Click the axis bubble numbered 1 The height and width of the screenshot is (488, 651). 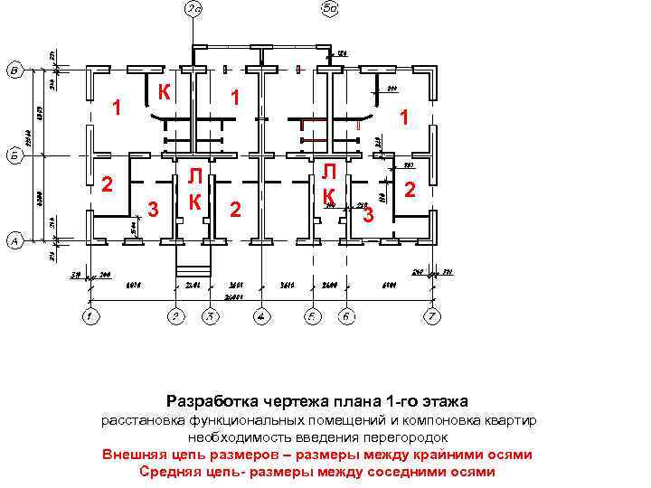point(89,316)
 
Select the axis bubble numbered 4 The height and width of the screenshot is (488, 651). point(260,316)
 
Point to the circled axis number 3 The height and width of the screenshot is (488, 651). point(209,316)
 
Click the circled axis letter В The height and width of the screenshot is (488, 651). point(14,70)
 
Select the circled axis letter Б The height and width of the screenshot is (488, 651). point(14,155)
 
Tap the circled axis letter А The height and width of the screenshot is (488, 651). point(14,241)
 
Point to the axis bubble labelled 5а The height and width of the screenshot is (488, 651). point(330,9)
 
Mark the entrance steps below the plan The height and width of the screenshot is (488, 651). point(192,263)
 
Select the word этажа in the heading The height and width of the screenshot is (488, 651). point(442,400)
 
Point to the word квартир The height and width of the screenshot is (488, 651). point(510,421)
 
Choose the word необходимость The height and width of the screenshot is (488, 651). point(242,437)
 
